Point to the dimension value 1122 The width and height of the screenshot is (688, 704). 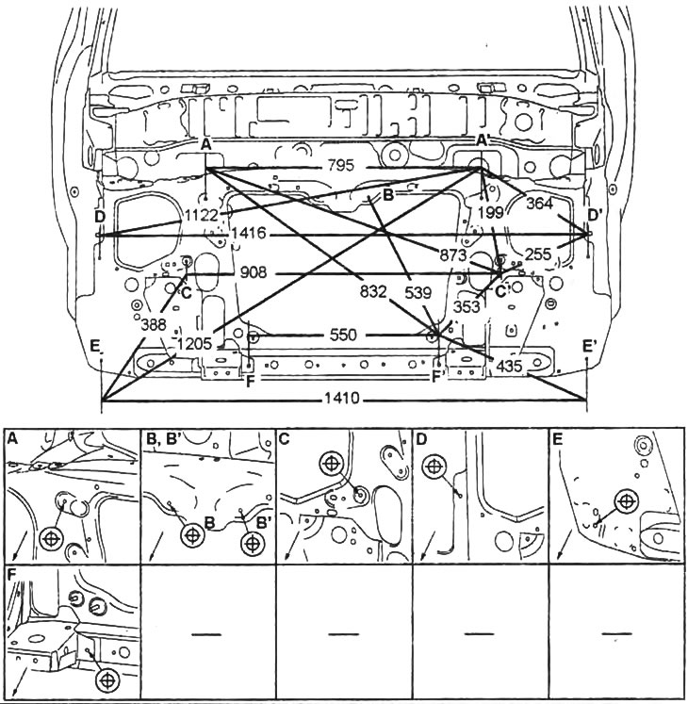coord(203,215)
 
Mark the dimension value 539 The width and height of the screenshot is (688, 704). coord(418,293)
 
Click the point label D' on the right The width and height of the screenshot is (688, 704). coord(595,216)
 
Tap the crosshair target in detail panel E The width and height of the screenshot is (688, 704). coord(623,499)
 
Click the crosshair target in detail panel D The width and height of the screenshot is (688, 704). coord(434,465)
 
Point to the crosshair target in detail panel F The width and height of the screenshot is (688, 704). coord(106,678)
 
